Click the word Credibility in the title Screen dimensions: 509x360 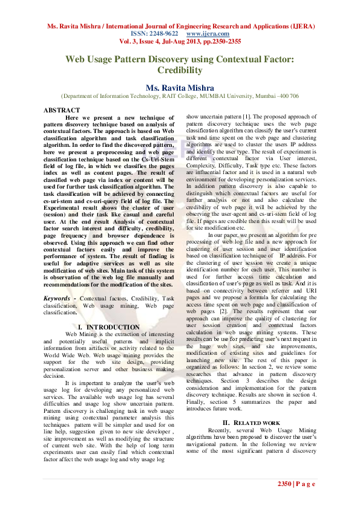pos(180,70)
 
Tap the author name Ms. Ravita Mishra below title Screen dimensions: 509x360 pos(180,88)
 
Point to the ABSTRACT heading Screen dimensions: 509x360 pos(62,110)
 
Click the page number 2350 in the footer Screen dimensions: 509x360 pos(285,484)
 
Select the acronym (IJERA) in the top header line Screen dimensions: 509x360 pos(301,27)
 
